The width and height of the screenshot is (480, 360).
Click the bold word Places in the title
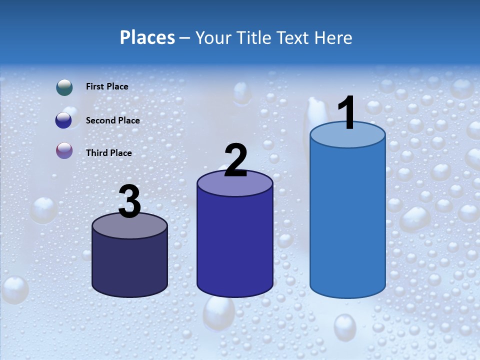coord(147,37)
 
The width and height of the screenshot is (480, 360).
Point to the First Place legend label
coord(107,86)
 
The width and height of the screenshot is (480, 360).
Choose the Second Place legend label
coord(112,120)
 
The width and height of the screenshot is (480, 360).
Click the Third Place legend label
coord(108,153)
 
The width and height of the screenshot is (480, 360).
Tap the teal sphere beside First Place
coord(64,87)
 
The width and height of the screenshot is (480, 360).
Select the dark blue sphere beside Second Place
coord(63,120)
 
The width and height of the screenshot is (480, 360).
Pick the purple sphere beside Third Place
coord(64,150)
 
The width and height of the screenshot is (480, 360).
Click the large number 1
coord(347,113)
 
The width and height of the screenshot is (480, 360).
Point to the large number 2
coord(236,160)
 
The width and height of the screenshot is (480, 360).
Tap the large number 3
coord(130,202)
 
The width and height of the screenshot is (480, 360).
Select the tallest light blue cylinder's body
coord(347,220)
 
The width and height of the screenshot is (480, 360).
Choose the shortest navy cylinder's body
coord(130,265)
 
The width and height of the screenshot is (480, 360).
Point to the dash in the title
coord(184,38)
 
